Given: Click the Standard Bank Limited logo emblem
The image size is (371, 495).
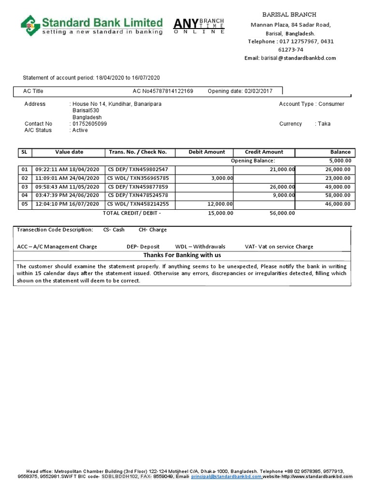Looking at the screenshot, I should point(30,26).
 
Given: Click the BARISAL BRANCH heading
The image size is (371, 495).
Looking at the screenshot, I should point(289,15).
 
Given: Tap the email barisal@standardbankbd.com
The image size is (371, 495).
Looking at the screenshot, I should point(298,58).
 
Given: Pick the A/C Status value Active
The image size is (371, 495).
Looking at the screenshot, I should point(80,130).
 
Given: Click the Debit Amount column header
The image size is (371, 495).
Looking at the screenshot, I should point(207,152).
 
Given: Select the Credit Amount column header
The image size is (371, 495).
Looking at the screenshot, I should point(264,152).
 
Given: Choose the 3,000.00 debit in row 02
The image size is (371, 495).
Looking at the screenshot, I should point(222,178).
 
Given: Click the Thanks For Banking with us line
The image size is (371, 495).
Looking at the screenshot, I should point(182,255).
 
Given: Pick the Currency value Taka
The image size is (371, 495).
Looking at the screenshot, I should point(324,124).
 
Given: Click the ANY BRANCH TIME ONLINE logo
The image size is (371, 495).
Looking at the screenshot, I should point(199,26).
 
